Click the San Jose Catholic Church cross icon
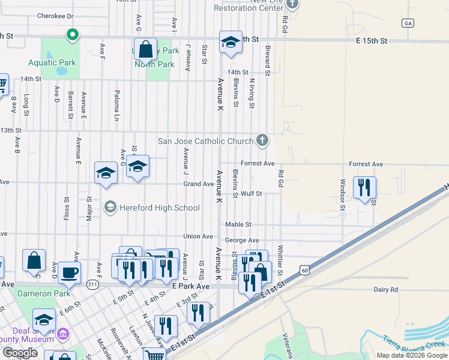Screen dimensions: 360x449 click(262, 141)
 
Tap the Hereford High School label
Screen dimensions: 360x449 click(160, 208)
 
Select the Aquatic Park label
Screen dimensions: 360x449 click(52, 62)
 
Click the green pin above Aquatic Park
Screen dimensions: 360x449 click(71, 35)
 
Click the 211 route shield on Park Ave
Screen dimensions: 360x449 click(92, 284)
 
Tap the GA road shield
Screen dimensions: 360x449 click(408, 23)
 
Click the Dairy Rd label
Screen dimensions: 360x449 click(385, 290)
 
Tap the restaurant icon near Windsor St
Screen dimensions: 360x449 click(364, 188)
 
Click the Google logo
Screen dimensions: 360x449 click(20, 353)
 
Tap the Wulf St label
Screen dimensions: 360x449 click(252, 194)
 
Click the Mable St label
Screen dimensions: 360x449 click(238, 224)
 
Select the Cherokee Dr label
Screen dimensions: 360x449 click(55, 16)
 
